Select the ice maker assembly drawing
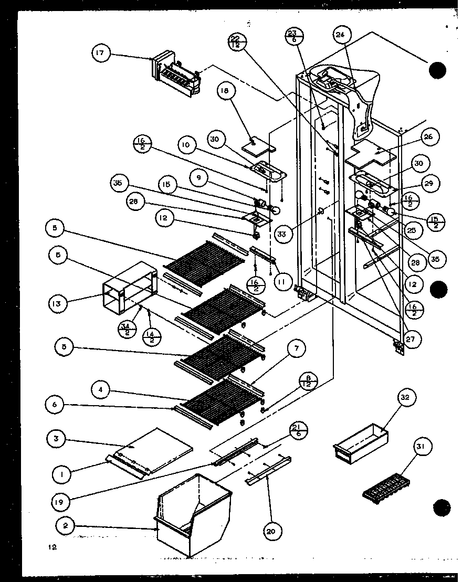pyautogui.click(x=176, y=75)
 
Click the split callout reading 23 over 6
pyautogui.click(x=292, y=38)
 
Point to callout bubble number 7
pyautogui.click(x=297, y=348)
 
